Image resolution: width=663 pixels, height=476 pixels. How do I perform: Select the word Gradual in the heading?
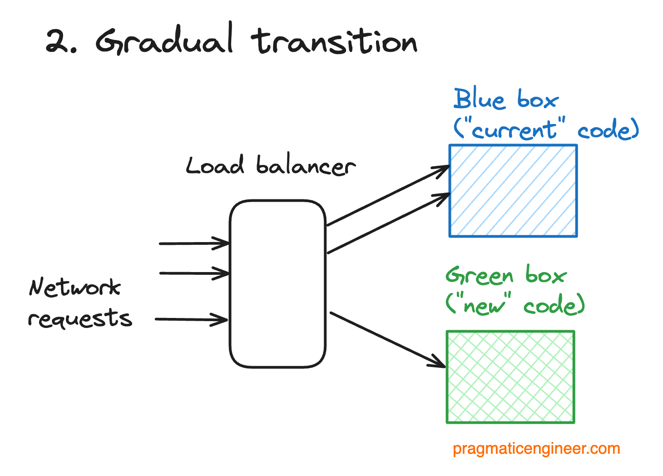164,39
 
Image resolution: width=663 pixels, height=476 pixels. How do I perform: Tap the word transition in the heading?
334,41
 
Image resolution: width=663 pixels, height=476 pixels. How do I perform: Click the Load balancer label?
271,165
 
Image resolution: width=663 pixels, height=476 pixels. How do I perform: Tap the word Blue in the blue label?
479,98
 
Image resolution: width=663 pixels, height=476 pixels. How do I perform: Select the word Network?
75,287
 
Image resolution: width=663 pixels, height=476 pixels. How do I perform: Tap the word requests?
80,318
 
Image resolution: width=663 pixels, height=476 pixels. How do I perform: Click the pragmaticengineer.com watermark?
536,449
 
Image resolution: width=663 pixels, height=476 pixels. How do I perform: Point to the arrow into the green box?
388,340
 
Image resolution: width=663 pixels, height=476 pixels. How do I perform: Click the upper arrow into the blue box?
388,196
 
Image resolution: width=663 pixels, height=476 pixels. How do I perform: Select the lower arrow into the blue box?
389,223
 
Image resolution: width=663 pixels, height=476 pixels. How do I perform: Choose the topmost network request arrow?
194,243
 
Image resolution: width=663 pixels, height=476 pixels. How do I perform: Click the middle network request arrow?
194,273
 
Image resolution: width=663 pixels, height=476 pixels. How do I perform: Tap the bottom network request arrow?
192,320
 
